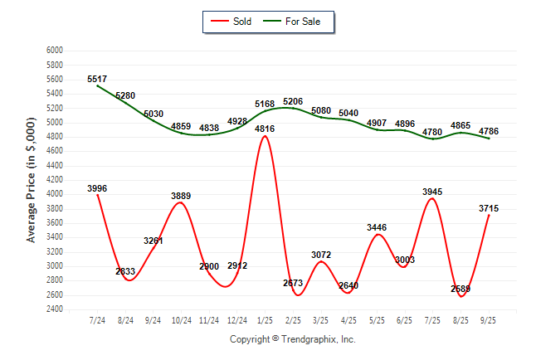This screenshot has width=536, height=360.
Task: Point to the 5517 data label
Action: coord(98,79)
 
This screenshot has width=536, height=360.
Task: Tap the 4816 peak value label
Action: coord(265,129)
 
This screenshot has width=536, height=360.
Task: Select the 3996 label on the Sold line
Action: coord(97,188)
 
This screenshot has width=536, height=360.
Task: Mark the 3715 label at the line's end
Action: coord(488,208)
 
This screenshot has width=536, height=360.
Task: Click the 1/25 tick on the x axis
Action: coord(265,319)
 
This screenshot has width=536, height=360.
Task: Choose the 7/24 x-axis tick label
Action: coord(97,319)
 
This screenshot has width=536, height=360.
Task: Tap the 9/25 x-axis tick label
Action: coord(489,319)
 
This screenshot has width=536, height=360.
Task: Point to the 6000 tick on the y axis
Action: coord(54,51)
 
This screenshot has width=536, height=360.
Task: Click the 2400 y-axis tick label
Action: coord(54,309)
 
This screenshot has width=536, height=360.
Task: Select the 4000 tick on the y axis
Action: coord(54,194)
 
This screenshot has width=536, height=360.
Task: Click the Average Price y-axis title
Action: coord(31,180)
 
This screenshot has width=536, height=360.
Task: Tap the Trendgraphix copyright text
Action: coord(292,339)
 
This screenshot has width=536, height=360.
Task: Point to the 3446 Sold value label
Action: coord(377,227)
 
